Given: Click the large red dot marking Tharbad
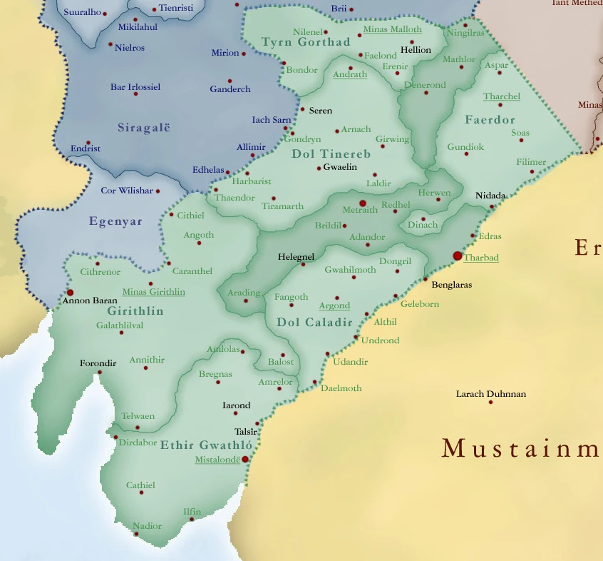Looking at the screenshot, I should click(458, 256).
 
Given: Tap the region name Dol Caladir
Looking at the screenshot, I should click(314, 323).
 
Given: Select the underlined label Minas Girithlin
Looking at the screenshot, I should click(153, 292).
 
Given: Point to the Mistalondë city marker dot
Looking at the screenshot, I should click(245, 459).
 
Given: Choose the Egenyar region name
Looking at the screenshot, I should click(115, 221).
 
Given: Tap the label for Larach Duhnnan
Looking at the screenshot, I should click(490, 394).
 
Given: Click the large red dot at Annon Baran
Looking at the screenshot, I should click(70, 293).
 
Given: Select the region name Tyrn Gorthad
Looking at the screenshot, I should click(306, 42).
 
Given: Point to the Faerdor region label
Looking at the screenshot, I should click(490, 120).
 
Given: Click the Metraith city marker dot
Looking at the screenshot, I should click(362, 203).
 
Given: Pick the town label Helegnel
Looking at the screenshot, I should click(296, 256).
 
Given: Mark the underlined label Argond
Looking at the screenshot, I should click(334, 306).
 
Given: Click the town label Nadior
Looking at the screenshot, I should click(148, 526).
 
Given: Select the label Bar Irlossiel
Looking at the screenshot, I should click(135, 87).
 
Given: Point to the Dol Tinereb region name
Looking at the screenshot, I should click(331, 154).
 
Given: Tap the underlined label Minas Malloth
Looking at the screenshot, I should click(392, 29).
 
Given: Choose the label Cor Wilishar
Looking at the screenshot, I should click(126, 191).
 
